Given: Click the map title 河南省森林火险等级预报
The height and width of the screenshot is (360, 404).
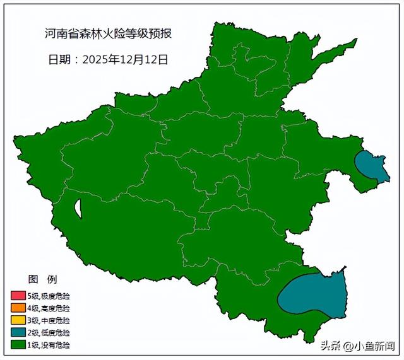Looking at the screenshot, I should pyautogui.click(x=108, y=33).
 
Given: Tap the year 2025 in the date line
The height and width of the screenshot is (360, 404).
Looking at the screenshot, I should pyautogui.click(x=94, y=60).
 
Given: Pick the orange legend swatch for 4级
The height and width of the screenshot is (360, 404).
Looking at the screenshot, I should pyautogui.click(x=18, y=308).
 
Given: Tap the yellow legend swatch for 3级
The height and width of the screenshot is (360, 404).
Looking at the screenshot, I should pyautogui.click(x=18, y=320).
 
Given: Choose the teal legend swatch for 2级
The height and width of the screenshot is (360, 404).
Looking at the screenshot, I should pyautogui.click(x=18, y=332).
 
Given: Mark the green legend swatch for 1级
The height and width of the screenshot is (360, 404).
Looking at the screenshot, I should pyautogui.click(x=18, y=345).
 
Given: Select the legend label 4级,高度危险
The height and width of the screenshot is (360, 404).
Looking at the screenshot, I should pyautogui.click(x=49, y=308).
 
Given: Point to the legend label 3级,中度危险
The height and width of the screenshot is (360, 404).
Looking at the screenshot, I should pyautogui.click(x=49, y=320).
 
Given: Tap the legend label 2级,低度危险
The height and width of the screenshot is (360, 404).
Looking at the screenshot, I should pyautogui.click(x=49, y=332).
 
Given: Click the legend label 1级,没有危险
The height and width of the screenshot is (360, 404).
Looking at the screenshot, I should pyautogui.click(x=49, y=345).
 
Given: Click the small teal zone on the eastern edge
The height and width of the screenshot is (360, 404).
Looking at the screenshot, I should pyautogui.click(x=371, y=166).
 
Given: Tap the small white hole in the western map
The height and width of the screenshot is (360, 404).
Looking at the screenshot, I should pyautogui.click(x=78, y=208).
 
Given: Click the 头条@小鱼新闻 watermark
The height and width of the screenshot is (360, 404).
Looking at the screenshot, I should pyautogui.click(x=357, y=345).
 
